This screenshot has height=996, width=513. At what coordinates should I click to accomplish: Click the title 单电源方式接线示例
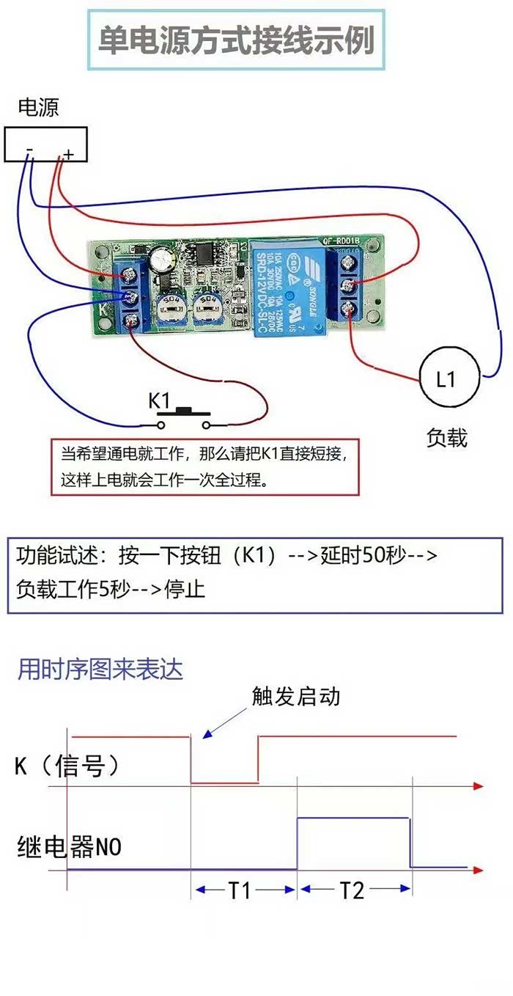(237, 40)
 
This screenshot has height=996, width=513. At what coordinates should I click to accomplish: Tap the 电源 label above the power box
(38, 108)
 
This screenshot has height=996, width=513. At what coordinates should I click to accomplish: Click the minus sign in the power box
(29, 153)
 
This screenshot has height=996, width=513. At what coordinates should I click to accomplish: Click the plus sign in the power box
(68, 154)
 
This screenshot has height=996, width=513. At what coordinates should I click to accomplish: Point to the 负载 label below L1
(446, 438)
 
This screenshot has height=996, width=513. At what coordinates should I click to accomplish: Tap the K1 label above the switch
(160, 400)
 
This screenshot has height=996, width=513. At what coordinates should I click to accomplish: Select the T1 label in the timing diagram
(240, 890)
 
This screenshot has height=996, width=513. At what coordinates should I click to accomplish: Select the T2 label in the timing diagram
(352, 890)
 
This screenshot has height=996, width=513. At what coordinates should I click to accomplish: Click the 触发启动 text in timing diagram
(296, 695)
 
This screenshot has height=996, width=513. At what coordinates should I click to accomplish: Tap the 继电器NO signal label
(69, 848)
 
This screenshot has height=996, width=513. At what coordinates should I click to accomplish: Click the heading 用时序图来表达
(100, 669)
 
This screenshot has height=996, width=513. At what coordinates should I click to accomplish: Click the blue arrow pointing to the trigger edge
(220, 723)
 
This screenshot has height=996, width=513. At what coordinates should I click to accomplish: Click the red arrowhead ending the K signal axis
(478, 786)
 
